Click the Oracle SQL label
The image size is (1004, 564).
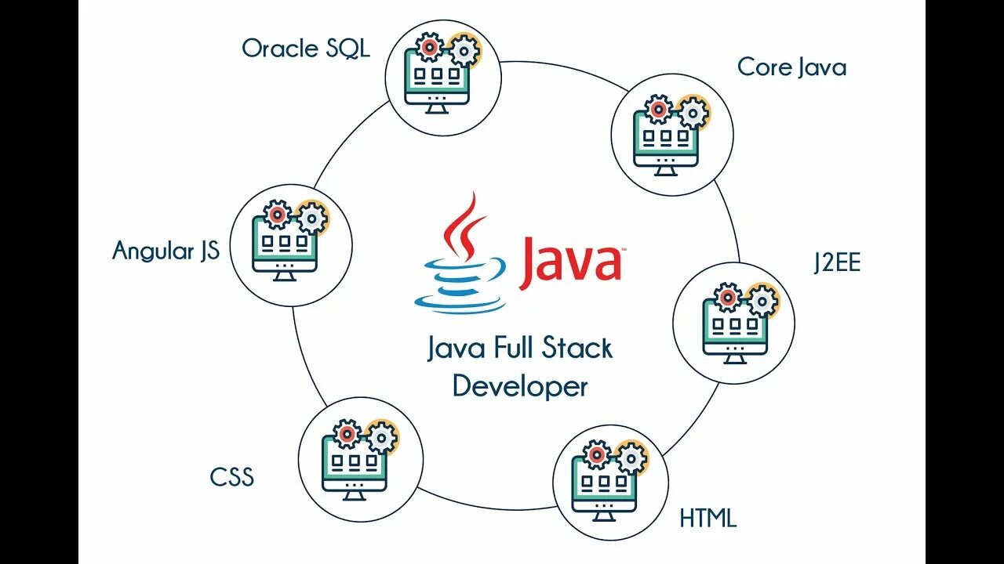coord(306,49)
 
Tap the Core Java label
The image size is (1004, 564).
coord(791,67)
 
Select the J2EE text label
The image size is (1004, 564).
coord(837,262)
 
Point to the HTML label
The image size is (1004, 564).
coord(708,518)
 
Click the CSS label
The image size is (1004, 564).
coord(232,477)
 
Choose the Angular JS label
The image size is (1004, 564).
coord(166,251)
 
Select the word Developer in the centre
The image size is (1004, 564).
coord(520,386)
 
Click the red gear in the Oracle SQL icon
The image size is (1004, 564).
coord(428,48)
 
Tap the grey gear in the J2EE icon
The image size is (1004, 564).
coord(762,300)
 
